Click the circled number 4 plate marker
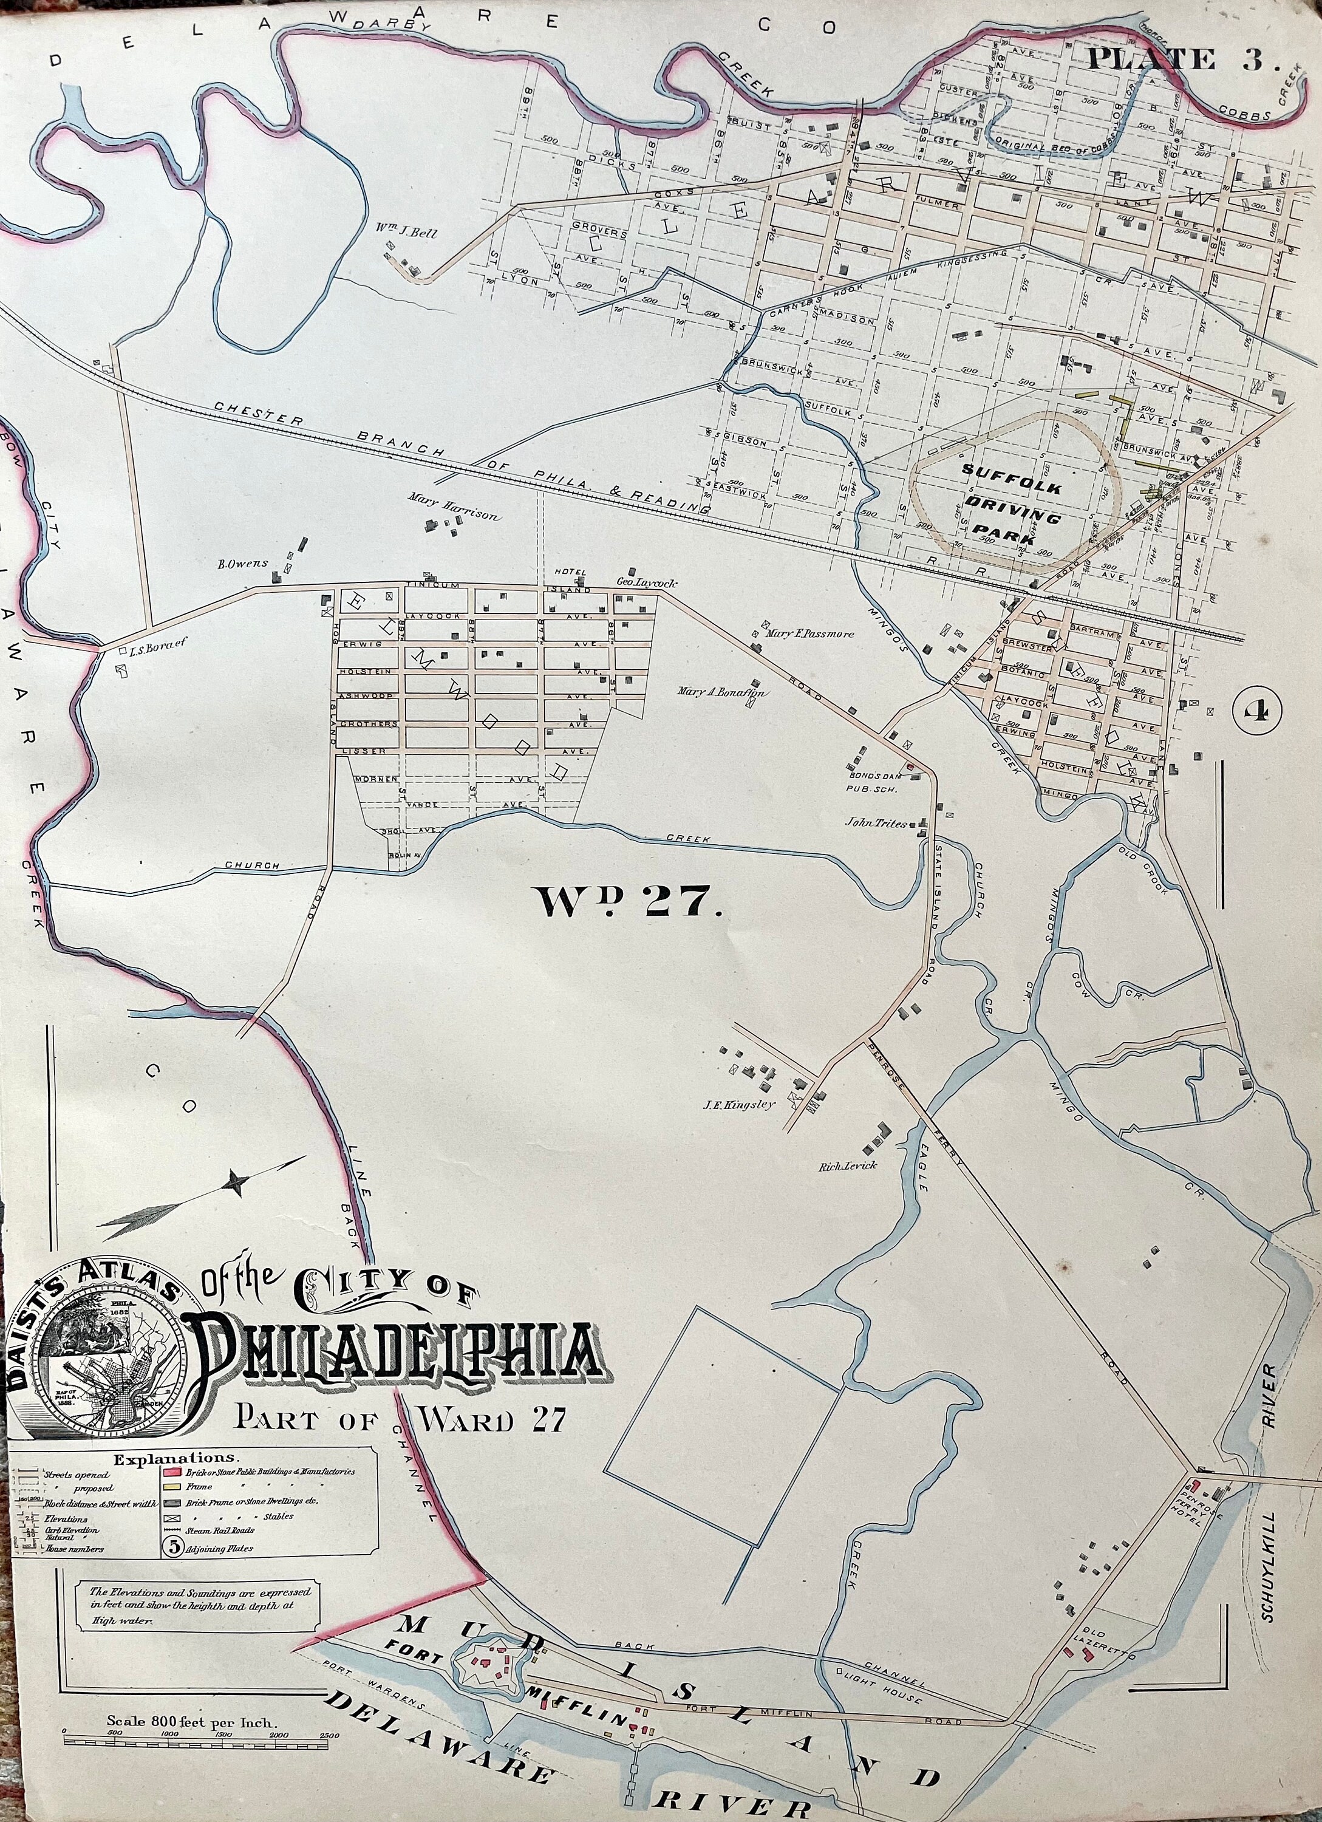click(1258, 710)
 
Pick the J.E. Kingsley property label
click(740, 1104)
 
